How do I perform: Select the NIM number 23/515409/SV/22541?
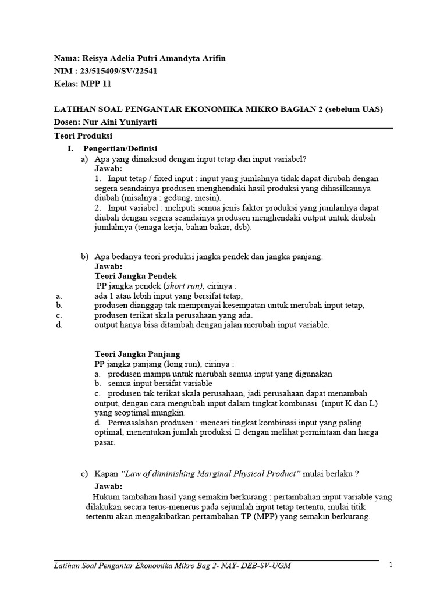(116, 71)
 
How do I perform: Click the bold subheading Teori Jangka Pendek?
(135, 275)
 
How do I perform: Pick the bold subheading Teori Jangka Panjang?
(137, 353)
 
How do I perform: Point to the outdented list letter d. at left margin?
(59, 325)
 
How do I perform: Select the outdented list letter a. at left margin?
(59, 296)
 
